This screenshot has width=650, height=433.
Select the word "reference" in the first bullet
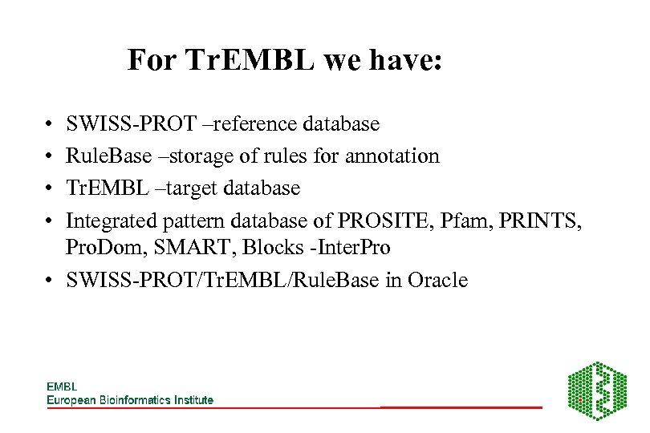tap(249, 124)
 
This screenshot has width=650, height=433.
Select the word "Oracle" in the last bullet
tap(437, 281)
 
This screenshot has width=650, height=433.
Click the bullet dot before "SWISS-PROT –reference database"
tap(50, 125)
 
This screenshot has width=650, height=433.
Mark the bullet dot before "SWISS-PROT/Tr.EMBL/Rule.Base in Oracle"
tap(50, 281)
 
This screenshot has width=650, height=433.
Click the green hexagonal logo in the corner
tap(597, 391)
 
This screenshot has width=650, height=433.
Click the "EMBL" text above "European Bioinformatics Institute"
tap(61, 386)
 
